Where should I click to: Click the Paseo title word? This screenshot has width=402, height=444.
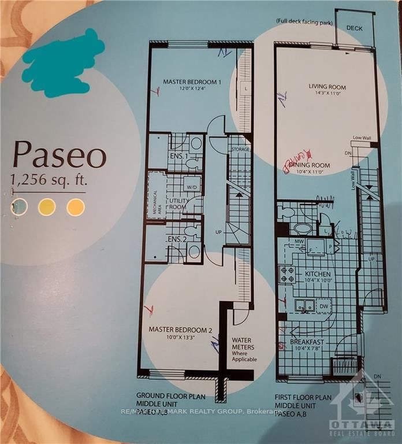[60, 156]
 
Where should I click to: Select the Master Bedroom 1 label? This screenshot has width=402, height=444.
[192, 85]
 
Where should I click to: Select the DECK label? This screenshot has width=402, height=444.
[355, 28]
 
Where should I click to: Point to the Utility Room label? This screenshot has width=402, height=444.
[177, 203]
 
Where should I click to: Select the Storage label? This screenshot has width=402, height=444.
[240, 150]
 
